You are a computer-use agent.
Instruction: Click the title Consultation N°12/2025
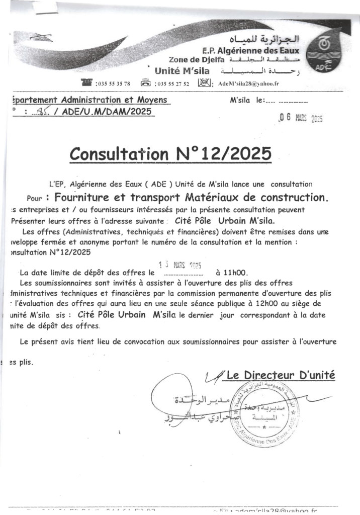tap(170, 153)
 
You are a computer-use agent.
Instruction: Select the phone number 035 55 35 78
tap(113, 84)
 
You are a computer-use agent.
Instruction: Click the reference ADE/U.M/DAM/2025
tap(107, 112)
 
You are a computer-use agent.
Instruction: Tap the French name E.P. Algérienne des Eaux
tap(250, 50)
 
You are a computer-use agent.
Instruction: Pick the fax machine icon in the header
tap(146, 83)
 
